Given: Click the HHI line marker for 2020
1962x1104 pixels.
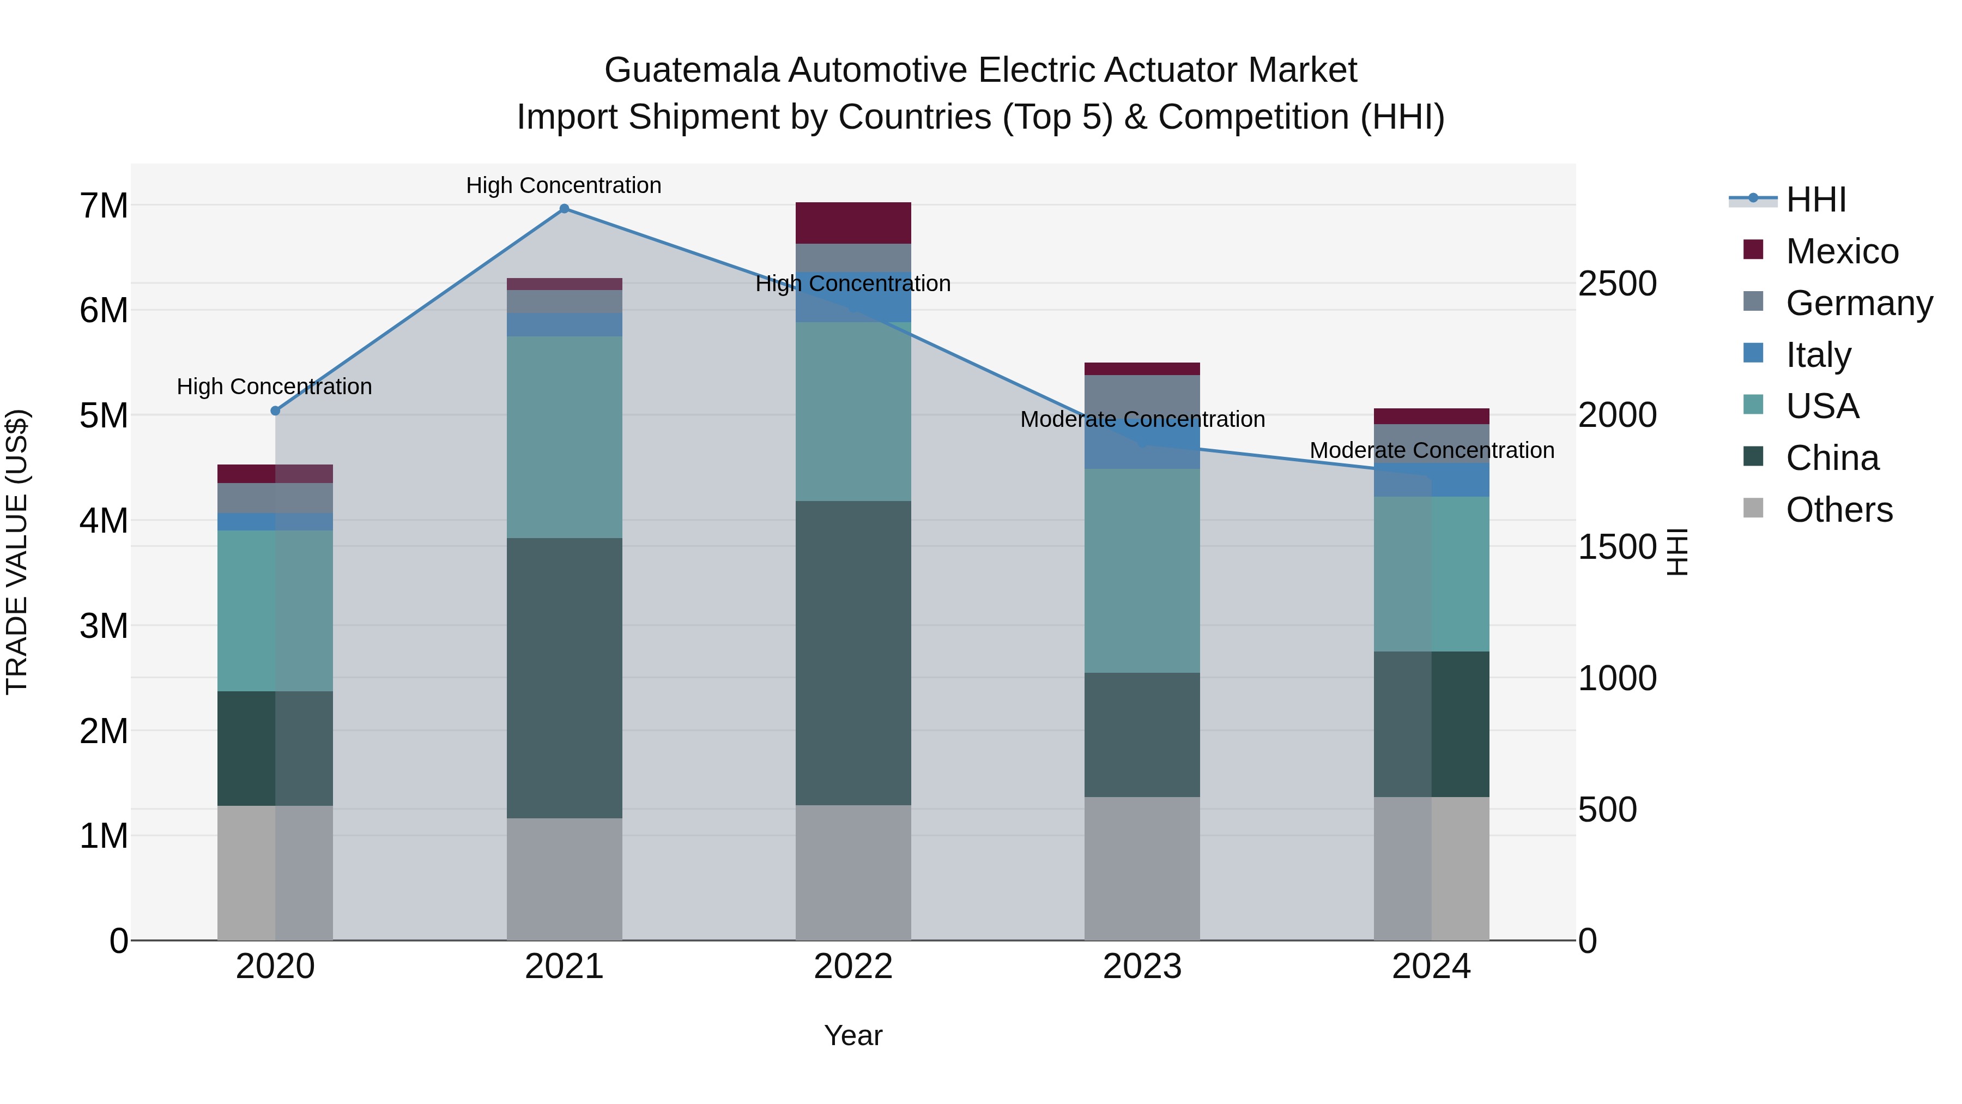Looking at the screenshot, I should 276,411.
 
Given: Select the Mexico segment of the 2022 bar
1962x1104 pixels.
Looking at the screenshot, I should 853,223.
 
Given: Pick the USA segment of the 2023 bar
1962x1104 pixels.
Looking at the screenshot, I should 1142,571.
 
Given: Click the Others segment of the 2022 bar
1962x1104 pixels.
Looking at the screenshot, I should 853,872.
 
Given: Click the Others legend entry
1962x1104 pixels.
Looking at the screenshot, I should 1839,510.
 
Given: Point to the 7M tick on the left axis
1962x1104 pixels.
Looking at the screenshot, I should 104,206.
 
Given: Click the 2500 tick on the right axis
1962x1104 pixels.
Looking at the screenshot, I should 1617,283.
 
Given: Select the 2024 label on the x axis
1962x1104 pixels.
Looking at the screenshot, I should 1431,967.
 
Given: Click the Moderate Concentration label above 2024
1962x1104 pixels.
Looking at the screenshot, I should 1431,450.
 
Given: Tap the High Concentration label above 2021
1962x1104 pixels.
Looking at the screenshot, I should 564,185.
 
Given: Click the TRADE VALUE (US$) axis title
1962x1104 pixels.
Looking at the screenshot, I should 17,552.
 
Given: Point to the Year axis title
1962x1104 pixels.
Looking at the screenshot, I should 853,1035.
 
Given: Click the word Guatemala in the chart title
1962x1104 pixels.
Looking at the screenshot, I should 692,70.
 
